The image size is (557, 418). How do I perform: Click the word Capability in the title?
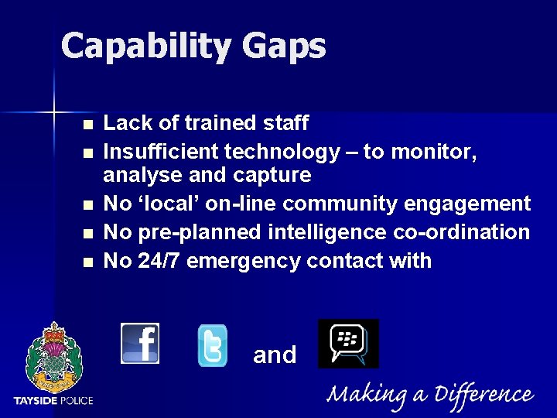145,46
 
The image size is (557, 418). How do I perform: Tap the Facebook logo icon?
140,344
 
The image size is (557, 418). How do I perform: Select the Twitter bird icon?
212,345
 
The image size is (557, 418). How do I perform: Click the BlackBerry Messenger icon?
349,343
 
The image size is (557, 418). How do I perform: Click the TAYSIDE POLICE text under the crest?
53,401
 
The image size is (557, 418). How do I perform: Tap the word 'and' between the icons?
275,355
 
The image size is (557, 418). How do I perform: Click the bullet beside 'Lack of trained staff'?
87,124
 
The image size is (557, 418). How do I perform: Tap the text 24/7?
158,261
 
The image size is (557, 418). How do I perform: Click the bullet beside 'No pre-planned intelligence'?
87,233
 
